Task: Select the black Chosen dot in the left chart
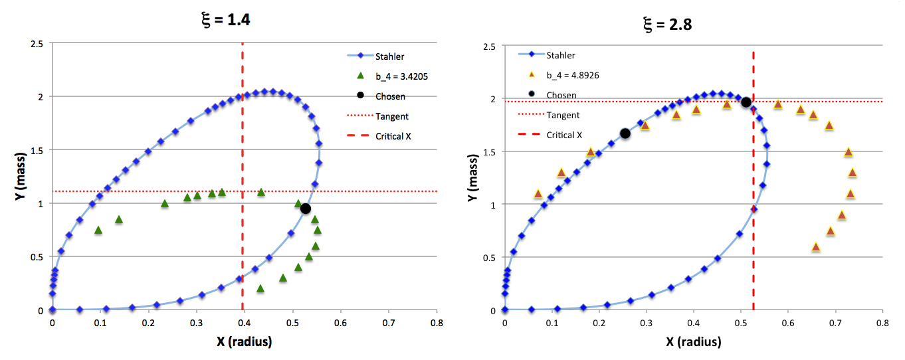click(x=306, y=209)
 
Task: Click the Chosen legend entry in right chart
click(x=561, y=95)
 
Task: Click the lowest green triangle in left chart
click(x=260, y=289)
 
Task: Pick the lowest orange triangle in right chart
click(x=816, y=247)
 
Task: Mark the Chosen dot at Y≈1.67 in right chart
click(x=625, y=134)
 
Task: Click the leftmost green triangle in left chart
click(x=98, y=230)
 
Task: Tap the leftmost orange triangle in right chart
click(x=538, y=194)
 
